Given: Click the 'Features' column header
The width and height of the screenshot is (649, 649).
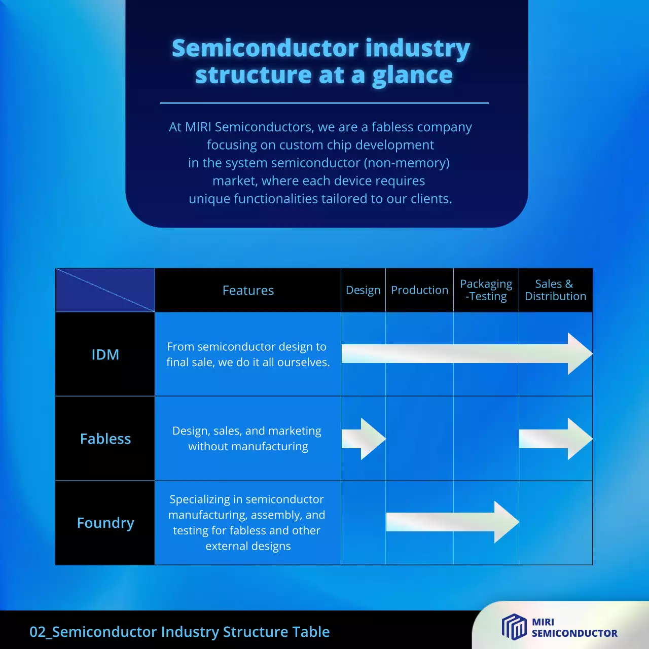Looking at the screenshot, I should point(248,290).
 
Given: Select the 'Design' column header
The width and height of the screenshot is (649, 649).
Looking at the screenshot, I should point(363,290).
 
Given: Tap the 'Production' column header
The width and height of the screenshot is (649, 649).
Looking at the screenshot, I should point(419,290).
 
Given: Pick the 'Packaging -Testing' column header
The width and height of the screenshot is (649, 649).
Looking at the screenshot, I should point(486,290).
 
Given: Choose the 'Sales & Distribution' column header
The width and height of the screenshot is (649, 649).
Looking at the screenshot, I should point(555,290).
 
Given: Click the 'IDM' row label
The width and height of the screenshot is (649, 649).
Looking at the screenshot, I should point(105,354).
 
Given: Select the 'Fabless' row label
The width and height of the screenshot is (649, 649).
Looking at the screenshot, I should point(105,439).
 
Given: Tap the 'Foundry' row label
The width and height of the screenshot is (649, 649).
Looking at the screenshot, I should point(105,523).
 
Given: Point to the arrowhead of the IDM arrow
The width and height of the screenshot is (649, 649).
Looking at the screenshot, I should point(580,354).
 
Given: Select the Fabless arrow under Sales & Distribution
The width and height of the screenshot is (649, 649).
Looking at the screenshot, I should point(556,439).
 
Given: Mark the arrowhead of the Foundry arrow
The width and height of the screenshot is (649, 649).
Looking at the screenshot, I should point(506,522).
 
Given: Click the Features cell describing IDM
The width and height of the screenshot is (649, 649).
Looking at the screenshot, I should point(248,354).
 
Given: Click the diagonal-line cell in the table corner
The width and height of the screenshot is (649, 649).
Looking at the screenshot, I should point(105,290).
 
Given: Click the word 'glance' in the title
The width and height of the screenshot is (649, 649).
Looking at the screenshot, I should point(412,75).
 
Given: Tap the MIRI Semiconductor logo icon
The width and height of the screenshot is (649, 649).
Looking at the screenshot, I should point(514,627).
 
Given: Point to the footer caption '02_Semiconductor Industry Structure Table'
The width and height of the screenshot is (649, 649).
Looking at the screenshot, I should point(179,632).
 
